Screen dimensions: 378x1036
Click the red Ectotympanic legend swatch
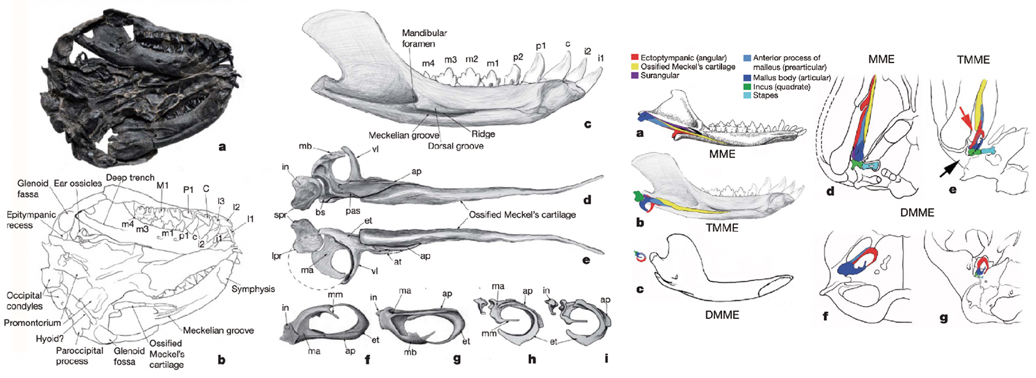pyautogui.click(x=635, y=58)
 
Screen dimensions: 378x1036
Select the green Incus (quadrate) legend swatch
pyautogui.click(x=747, y=87)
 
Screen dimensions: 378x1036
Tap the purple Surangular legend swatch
pyautogui.click(x=635, y=75)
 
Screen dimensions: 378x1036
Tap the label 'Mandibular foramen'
pyautogui.click(x=424, y=39)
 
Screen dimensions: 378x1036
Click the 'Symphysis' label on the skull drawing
pyautogui.click(x=253, y=289)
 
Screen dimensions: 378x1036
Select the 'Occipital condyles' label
pyautogui.click(x=24, y=301)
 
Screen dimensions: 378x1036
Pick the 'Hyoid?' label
pyautogui.click(x=50, y=339)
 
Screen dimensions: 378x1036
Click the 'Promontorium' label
pyautogui.click(x=32, y=322)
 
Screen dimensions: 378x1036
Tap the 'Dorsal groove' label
pyautogui.click(x=455, y=146)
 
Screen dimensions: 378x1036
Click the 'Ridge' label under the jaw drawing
pyautogui.click(x=483, y=134)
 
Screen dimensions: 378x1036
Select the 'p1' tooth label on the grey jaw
pyautogui.click(x=541, y=46)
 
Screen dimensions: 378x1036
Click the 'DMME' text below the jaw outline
pyautogui.click(x=722, y=314)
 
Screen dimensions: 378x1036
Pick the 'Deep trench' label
pyautogui.click(x=130, y=178)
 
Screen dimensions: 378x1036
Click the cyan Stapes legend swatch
pyautogui.click(x=747, y=95)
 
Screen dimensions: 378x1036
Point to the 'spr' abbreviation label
pyautogui.click(x=280, y=215)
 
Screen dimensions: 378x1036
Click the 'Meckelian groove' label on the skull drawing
pyautogui.click(x=218, y=330)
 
